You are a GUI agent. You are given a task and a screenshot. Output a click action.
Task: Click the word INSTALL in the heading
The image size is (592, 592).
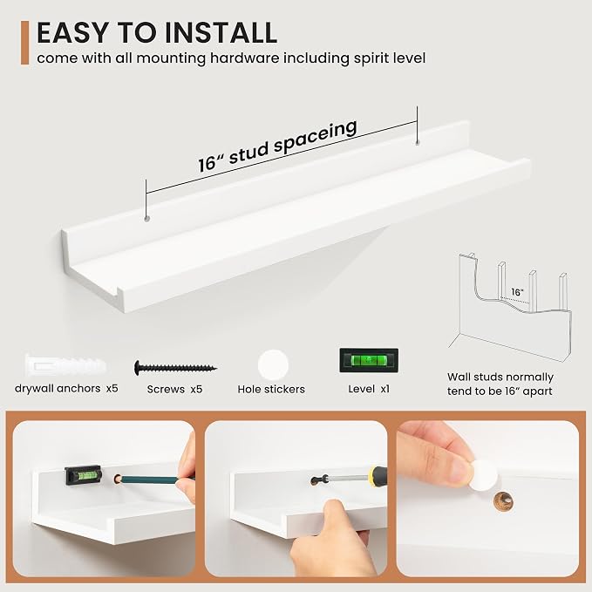[x=221, y=33]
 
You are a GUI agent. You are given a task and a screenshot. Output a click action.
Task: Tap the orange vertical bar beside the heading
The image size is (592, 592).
[x=25, y=43]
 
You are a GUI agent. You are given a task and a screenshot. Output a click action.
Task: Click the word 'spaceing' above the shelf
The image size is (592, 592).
[x=316, y=136]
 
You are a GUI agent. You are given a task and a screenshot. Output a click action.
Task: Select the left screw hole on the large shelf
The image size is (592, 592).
[x=146, y=219]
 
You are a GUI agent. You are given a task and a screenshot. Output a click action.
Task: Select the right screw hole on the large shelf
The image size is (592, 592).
[x=418, y=143]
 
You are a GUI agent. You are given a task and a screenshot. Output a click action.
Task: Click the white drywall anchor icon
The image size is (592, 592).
[x=65, y=365]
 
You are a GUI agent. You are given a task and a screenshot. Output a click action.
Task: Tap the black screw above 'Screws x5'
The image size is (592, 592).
[x=175, y=367]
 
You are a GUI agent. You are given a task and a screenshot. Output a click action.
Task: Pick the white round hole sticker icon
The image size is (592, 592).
[x=273, y=364]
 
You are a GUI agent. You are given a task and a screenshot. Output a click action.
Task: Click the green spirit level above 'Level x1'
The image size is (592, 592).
[x=369, y=360]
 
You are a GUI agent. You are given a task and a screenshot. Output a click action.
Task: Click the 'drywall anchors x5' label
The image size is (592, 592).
[x=66, y=388]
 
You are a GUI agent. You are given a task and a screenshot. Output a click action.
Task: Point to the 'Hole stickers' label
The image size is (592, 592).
[x=271, y=389]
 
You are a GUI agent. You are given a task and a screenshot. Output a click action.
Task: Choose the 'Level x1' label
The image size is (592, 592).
[x=369, y=389]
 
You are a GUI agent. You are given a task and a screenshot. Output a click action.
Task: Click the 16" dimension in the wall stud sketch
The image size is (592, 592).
[x=517, y=292]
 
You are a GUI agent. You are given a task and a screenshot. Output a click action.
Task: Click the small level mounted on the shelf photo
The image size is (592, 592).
[x=83, y=475]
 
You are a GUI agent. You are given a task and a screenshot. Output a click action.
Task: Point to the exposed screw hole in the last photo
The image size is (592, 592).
[x=504, y=501]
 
